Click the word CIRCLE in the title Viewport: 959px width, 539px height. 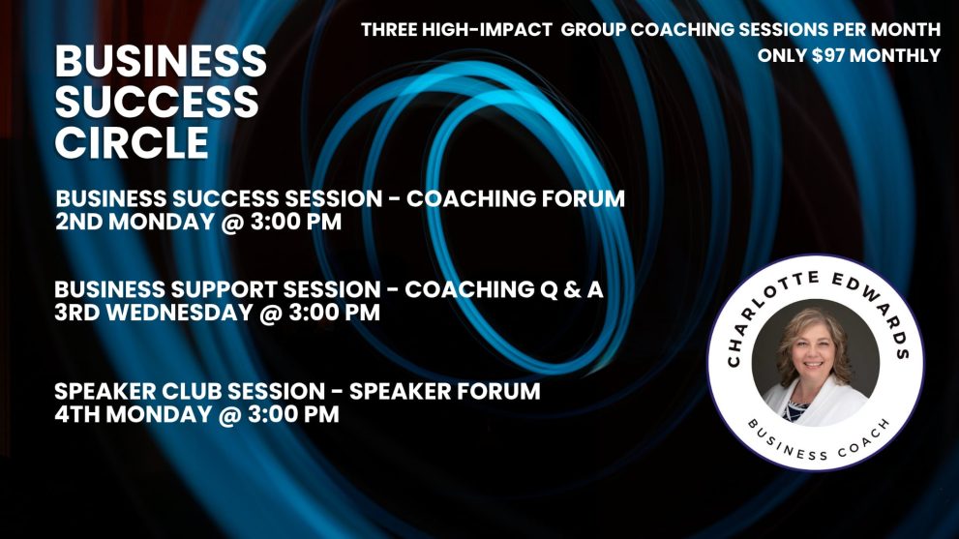pyautogui.click(x=133, y=142)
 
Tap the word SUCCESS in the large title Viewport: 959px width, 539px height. pyautogui.click(x=157, y=101)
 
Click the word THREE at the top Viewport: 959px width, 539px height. pyautogui.click(x=388, y=29)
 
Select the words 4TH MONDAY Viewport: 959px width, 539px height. pyautogui.click(x=133, y=414)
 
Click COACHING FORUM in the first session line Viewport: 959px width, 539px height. pyautogui.click(x=516, y=198)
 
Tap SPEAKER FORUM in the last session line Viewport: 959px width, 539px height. pyautogui.click(x=444, y=392)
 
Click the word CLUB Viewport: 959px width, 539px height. pyautogui.click(x=192, y=392)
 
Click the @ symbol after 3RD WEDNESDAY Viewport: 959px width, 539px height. pyautogui.click(x=271, y=313)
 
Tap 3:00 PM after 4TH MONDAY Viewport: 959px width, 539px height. pyautogui.click(x=293, y=414)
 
